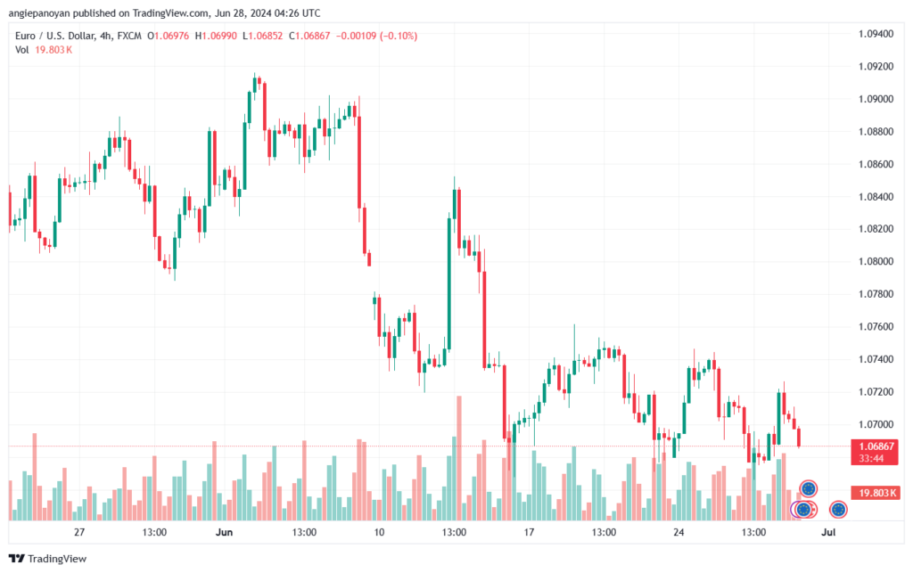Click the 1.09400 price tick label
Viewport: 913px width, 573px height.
pyautogui.click(x=876, y=34)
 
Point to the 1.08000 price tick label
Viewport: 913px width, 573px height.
pyautogui.click(x=876, y=261)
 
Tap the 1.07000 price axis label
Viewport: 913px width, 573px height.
pyautogui.click(x=876, y=424)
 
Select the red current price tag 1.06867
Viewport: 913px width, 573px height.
pyautogui.click(x=876, y=446)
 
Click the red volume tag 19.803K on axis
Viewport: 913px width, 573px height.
pyautogui.click(x=876, y=493)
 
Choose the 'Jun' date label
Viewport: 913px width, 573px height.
pyautogui.click(x=224, y=532)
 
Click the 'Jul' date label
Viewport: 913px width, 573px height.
pyautogui.click(x=828, y=532)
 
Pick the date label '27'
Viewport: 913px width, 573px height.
pyautogui.click(x=79, y=532)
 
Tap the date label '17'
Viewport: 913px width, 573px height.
pyautogui.click(x=529, y=532)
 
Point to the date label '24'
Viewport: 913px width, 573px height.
pyautogui.click(x=679, y=532)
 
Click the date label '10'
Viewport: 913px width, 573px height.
pyautogui.click(x=379, y=532)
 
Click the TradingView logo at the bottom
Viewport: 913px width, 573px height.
pyautogui.click(x=48, y=559)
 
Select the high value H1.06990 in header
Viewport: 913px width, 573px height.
pyautogui.click(x=216, y=36)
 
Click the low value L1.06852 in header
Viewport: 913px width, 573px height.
pyautogui.click(x=263, y=36)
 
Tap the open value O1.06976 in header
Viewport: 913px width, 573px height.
pyautogui.click(x=169, y=36)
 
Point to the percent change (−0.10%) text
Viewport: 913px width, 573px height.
pyautogui.click(x=399, y=36)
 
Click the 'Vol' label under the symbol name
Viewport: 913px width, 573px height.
pyautogui.click(x=22, y=50)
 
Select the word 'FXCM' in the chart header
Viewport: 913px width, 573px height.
pyautogui.click(x=129, y=36)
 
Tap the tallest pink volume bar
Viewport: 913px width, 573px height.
pyautogui.click(x=459, y=458)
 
